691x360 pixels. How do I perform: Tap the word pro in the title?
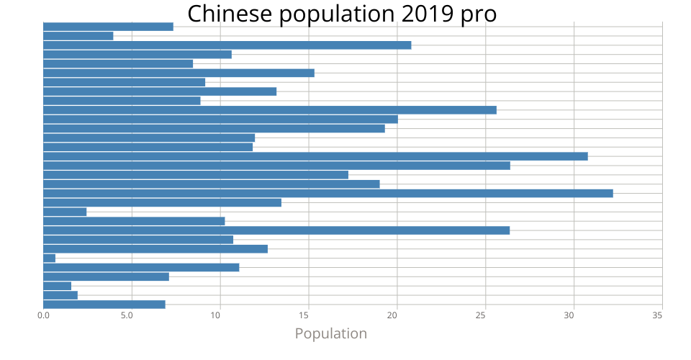pyautogui.click(x=479, y=14)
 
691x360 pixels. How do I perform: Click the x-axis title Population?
pyautogui.click(x=331, y=333)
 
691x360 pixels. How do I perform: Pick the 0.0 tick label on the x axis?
pyautogui.click(x=43, y=315)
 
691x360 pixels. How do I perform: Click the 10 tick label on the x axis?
pyautogui.click(x=220, y=315)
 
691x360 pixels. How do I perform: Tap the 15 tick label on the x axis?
pyautogui.click(x=309, y=315)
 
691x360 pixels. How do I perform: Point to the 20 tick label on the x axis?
pyautogui.click(x=397, y=315)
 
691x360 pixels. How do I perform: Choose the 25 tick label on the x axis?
pyautogui.click(x=485, y=315)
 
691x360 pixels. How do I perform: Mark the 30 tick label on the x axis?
pyautogui.click(x=574, y=315)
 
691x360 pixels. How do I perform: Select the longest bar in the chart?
pyautogui.click(x=328, y=193)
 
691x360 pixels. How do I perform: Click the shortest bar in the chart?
pyautogui.click(x=49, y=258)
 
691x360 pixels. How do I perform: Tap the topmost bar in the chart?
pyautogui.click(x=108, y=27)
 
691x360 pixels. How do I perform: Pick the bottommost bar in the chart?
pyautogui.click(x=104, y=304)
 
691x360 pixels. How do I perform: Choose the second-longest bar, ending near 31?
pyautogui.click(x=315, y=156)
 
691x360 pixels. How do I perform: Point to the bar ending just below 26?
pyautogui.click(x=270, y=110)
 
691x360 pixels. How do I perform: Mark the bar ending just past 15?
pyautogui.click(x=179, y=73)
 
